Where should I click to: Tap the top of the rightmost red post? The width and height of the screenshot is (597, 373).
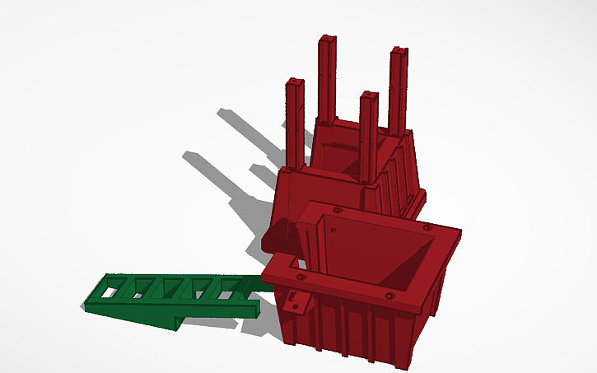(x=399, y=52)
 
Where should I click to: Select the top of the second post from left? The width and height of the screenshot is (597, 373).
(x=328, y=39)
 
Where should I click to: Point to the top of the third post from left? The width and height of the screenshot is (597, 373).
(x=368, y=96)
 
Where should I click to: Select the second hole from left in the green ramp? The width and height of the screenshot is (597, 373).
(x=140, y=289)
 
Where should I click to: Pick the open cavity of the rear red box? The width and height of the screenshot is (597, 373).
(x=346, y=152)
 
